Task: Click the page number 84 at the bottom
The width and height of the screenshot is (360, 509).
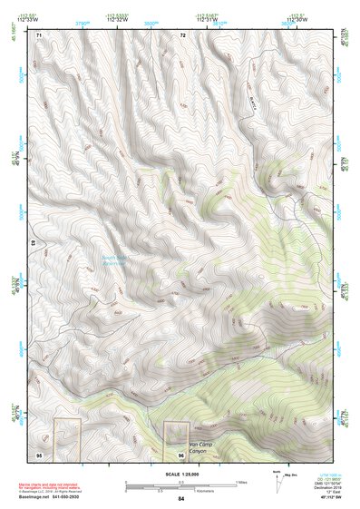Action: pos(181,499)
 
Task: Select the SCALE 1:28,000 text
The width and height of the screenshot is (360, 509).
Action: pos(181,472)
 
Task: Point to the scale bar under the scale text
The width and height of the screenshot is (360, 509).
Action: pos(181,481)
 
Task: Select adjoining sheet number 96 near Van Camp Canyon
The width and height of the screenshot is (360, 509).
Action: pos(181,453)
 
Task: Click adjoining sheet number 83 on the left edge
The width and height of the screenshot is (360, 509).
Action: pos(34,244)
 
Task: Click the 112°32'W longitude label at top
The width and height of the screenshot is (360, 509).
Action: pos(119,21)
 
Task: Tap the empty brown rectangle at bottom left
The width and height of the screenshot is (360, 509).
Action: pos(67,437)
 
